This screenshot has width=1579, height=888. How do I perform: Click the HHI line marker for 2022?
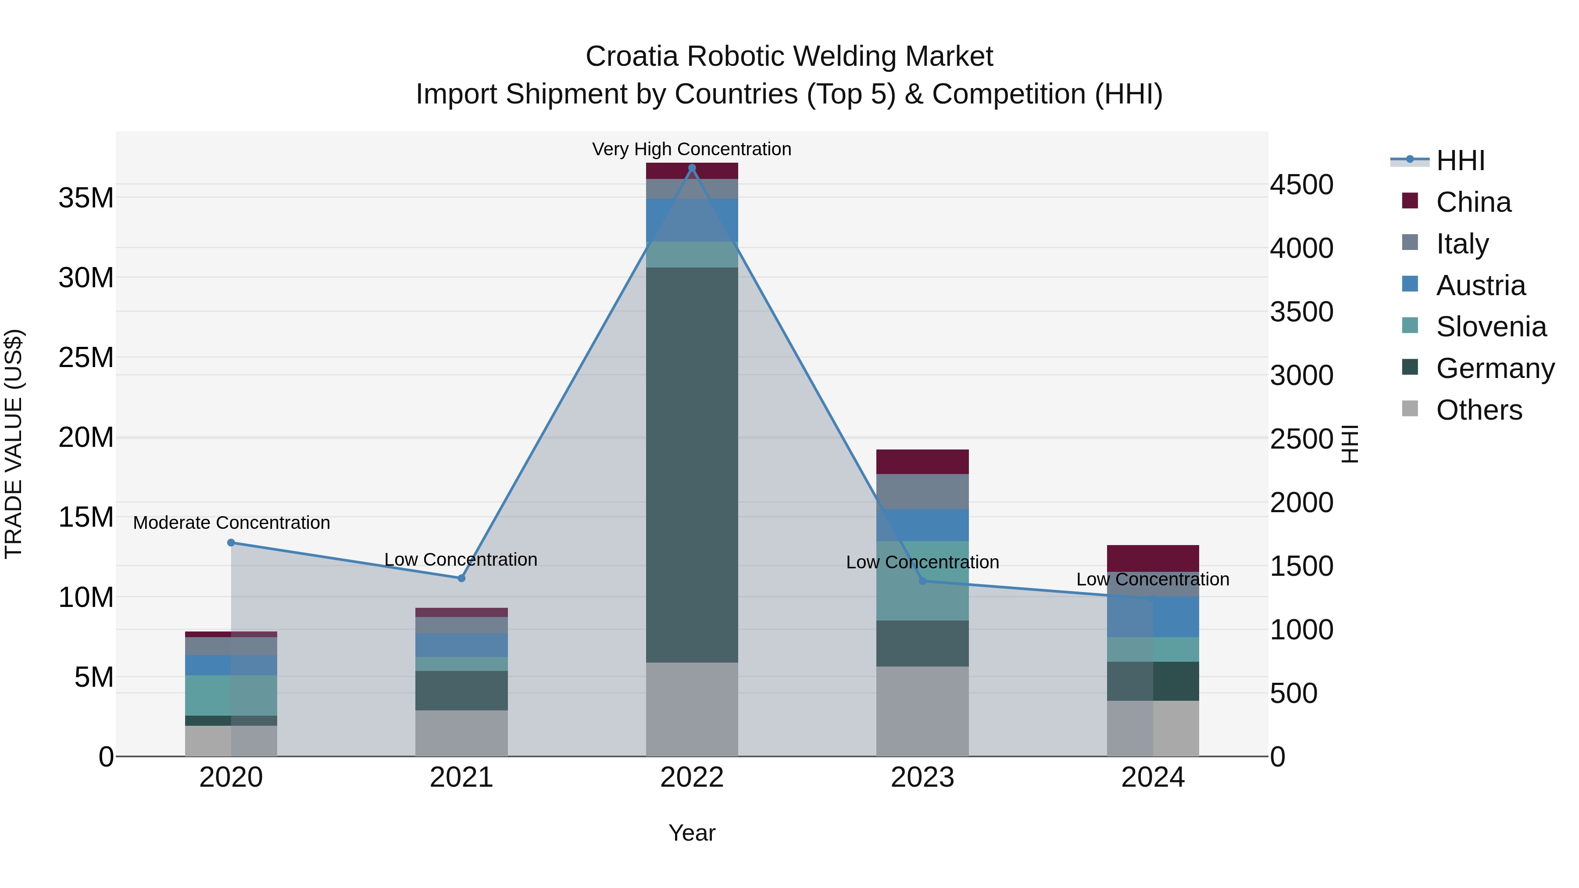click(692, 168)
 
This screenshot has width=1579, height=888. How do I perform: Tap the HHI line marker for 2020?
click(231, 542)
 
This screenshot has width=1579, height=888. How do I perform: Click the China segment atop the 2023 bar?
click(922, 461)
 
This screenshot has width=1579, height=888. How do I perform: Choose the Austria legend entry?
click(1480, 285)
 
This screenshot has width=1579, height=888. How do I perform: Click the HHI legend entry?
click(1460, 160)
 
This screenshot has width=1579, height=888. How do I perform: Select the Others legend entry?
click(1479, 410)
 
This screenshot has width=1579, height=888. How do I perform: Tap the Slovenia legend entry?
click(1491, 327)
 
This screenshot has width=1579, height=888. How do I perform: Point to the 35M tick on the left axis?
click(86, 198)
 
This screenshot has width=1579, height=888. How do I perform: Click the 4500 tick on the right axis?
click(1301, 185)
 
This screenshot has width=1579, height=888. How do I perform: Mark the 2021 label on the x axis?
click(461, 777)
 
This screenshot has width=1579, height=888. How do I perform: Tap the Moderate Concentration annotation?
click(231, 523)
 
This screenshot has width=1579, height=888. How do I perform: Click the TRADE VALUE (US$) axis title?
click(14, 444)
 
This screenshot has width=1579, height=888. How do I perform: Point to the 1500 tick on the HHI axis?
click(1301, 566)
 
